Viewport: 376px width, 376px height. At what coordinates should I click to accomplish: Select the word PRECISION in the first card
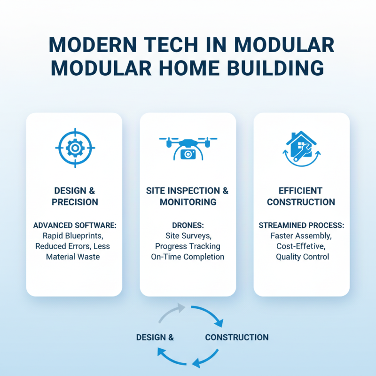click(x=75, y=203)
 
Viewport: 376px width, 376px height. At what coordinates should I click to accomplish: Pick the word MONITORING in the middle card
click(x=188, y=203)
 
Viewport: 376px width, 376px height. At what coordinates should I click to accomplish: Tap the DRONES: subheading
click(x=188, y=226)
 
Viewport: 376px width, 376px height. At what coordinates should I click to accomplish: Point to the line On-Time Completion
click(x=188, y=257)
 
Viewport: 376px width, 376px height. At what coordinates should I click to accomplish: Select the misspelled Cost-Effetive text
click(x=301, y=247)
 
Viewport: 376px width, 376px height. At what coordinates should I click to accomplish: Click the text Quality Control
click(x=302, y=257)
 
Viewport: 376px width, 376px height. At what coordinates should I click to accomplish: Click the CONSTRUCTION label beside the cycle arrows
click(x=236, y=337)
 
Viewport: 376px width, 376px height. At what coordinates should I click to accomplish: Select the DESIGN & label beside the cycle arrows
click(x=155, y=337)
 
